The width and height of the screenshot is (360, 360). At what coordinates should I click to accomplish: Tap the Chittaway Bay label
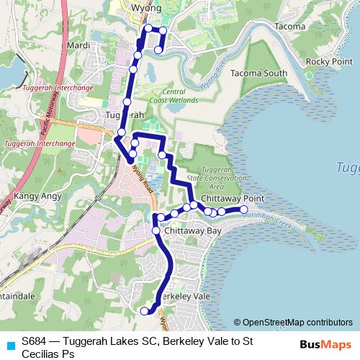point(192,232)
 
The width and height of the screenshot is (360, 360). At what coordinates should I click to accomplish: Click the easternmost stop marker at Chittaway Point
point(244,210)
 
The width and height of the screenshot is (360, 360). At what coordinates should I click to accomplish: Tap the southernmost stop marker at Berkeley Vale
point(144,311)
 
